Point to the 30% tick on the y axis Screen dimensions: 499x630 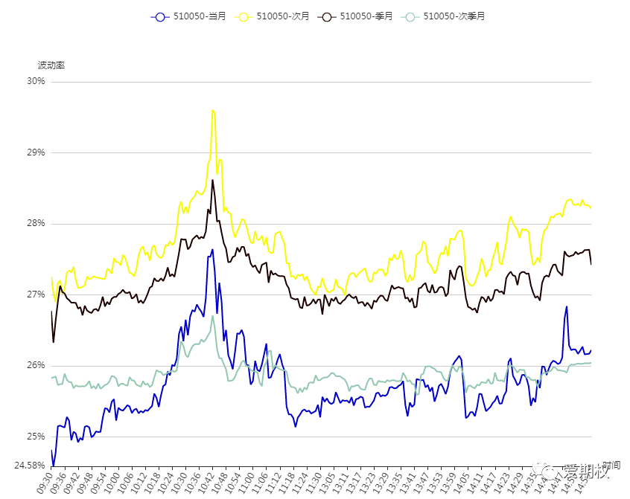click(x=36, y=81)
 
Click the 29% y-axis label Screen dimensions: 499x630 click(x=36, y=152)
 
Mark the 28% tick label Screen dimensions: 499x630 click(x=36, y=224)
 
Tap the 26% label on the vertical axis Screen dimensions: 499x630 click(x=36, y=366)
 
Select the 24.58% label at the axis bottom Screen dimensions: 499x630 click(x=30, y=466)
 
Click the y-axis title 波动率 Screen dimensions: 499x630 click(x=51, y=65)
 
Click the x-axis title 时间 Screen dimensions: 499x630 click(x=611, y=465)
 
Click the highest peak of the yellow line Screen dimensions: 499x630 click(x=213, y=110)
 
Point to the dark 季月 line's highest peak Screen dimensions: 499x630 click(x=212, y=180)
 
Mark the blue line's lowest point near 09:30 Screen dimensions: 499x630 click(x=53, y=466)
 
